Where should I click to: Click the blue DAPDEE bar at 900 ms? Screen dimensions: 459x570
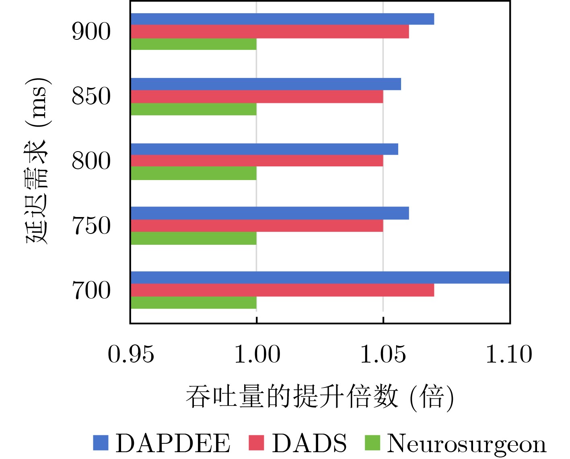(282, 19)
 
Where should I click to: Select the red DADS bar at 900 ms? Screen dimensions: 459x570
(270, 32)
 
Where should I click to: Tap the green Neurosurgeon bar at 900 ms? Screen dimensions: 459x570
(193, 44)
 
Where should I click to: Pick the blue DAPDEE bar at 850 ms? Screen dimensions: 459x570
(265, 84)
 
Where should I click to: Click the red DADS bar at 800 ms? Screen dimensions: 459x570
(257, 161)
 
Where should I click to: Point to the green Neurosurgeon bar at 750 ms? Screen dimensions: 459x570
(193, 238)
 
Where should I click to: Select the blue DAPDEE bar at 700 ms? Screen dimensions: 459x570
(320, 278)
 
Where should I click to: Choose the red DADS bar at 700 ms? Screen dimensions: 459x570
(282, 290)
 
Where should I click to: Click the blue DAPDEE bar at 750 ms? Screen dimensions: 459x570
(270, 213)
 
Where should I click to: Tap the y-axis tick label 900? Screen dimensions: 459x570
(91, 32)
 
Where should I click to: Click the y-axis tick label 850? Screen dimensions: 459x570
(91, 96)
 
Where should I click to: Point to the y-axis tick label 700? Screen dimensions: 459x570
(91, 291)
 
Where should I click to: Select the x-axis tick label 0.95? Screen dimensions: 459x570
(131, 354)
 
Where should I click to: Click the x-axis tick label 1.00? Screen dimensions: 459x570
(257, 354)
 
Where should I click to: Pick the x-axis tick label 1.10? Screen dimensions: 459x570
(509, 354)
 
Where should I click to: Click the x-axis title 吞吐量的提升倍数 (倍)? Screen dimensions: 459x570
(320, 397)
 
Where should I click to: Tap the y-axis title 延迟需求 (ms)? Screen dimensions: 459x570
(37, 161)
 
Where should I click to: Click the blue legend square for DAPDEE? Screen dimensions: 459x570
(101, 443)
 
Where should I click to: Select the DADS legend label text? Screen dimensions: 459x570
(309, 444)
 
